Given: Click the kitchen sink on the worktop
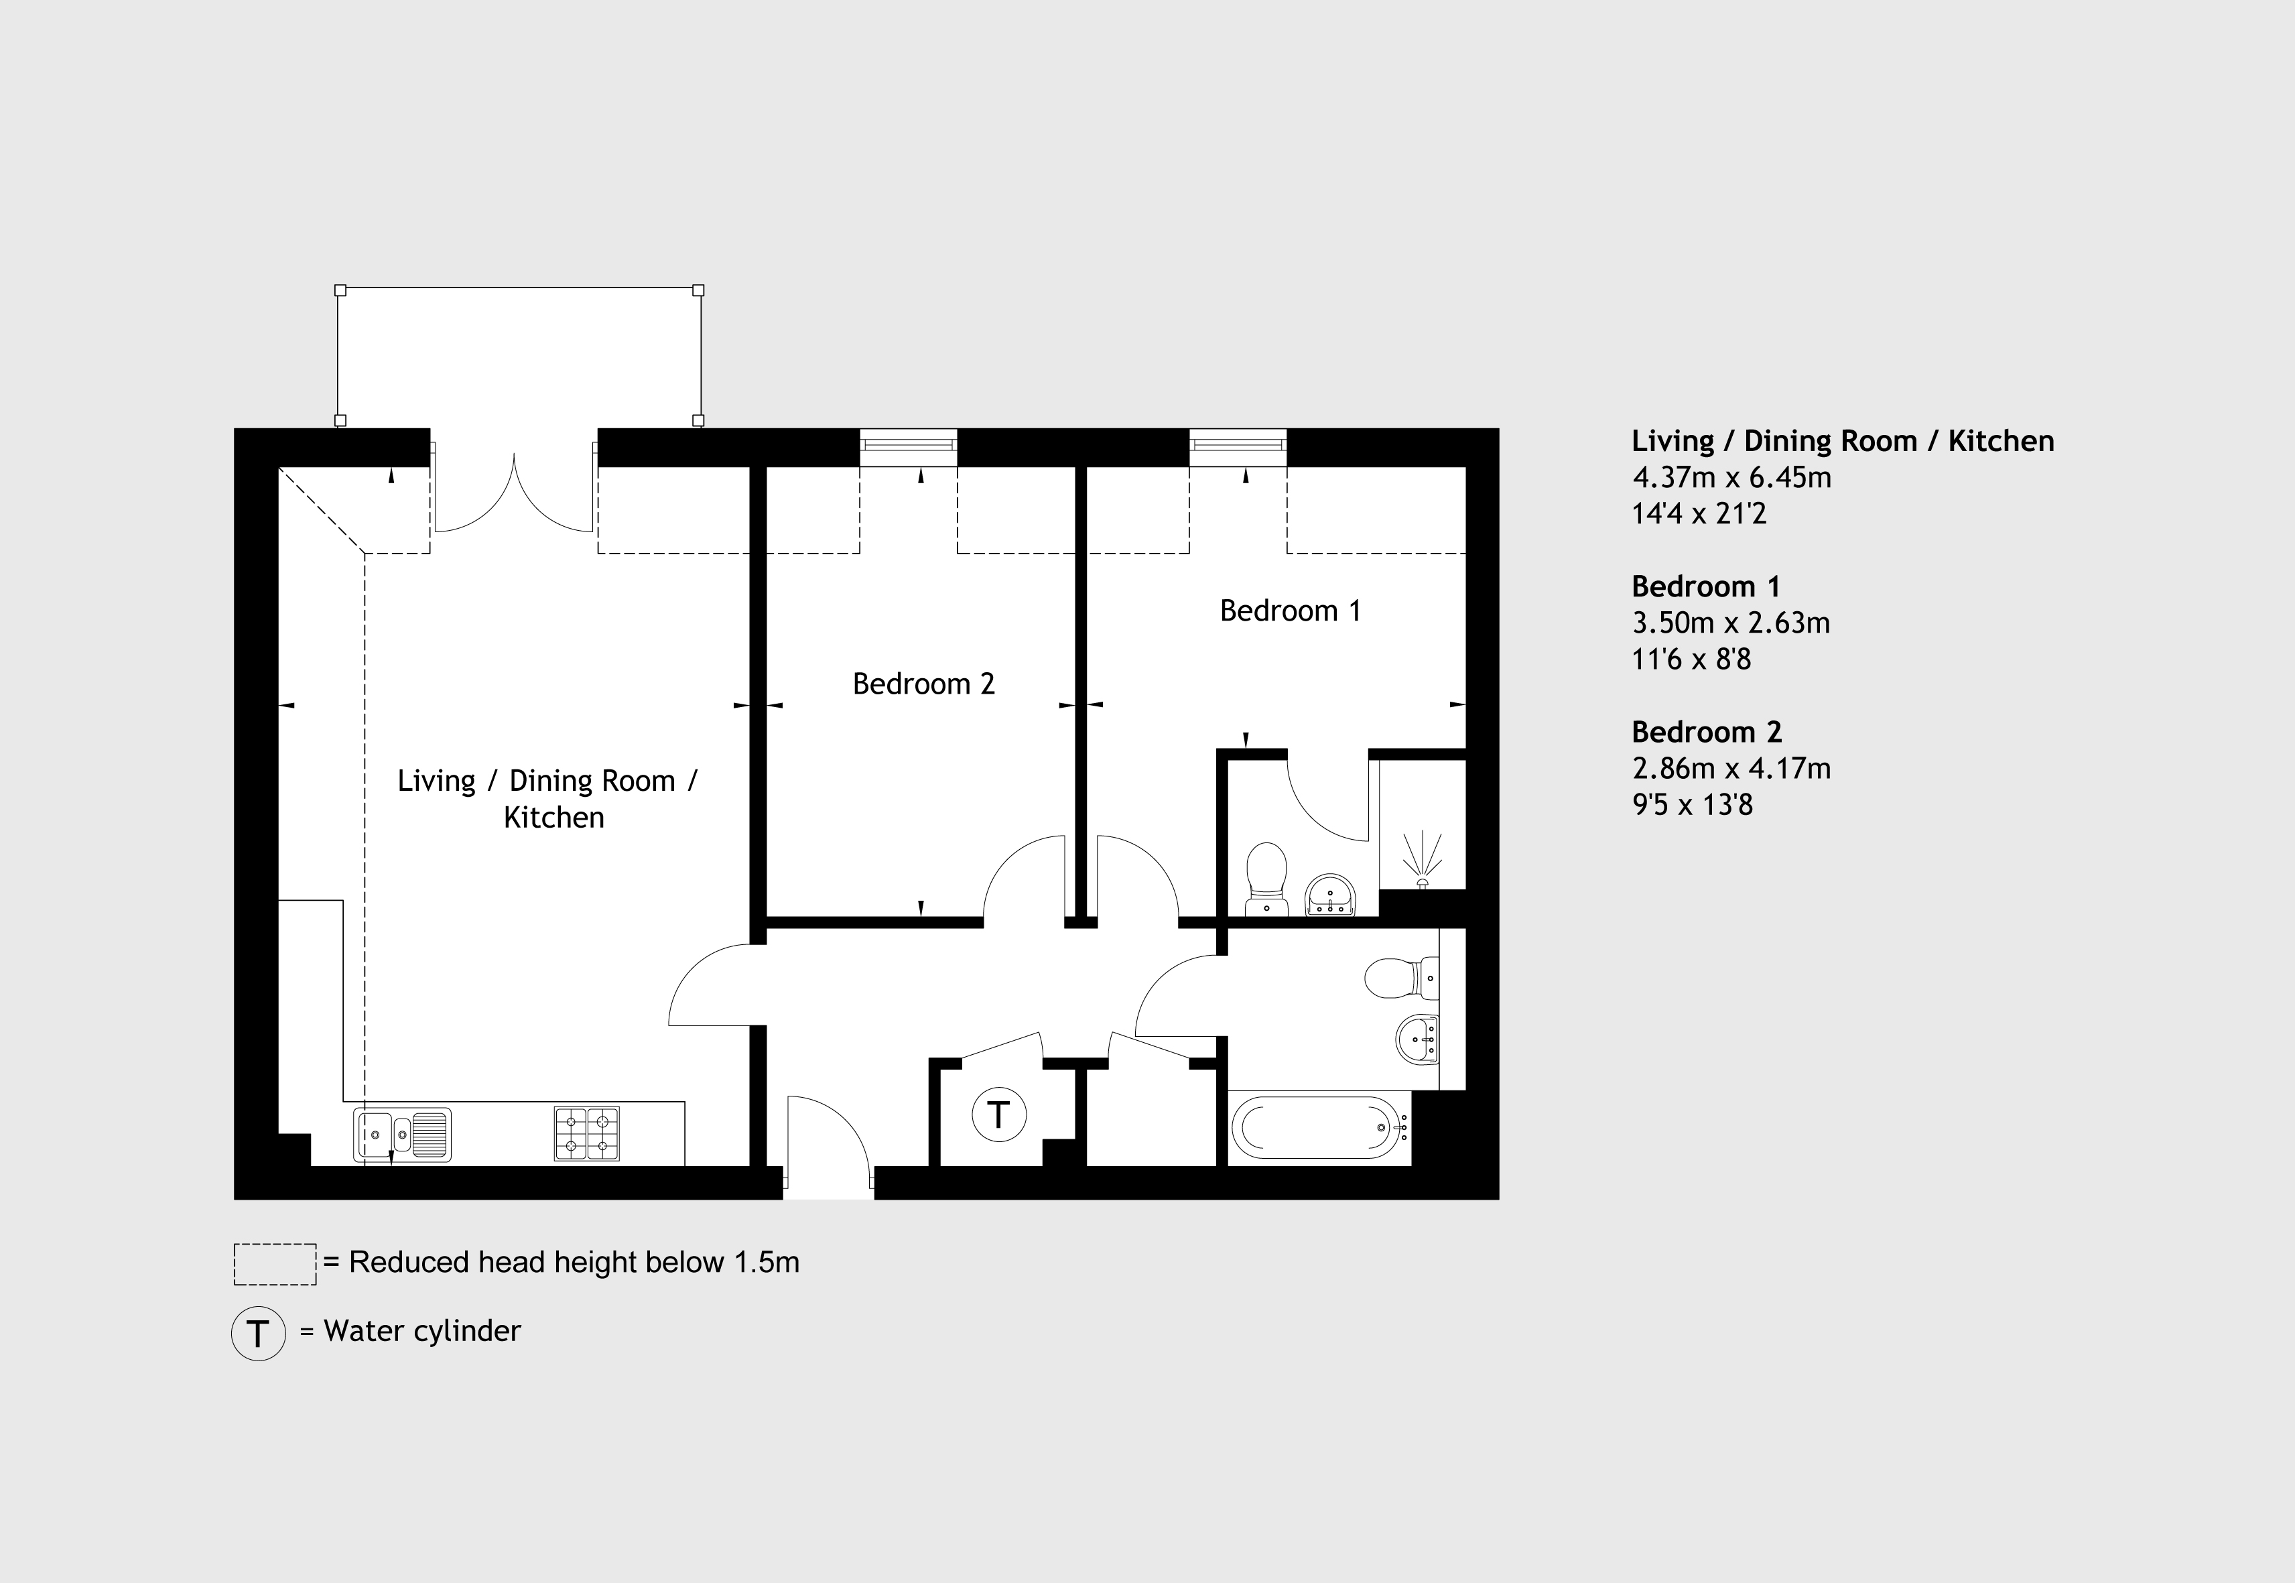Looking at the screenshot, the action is [x=401, y=1134].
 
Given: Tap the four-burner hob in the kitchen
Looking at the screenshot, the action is [x=586, y=1134].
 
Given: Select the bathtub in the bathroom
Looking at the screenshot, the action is [x=1320, y=1128].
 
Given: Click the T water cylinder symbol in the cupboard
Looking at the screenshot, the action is [x=998, y=1114].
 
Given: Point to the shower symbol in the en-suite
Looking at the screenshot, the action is [x=1422, y=859].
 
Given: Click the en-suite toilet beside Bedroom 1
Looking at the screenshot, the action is [x=1266, y=879].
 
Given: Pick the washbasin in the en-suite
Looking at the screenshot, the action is [x=1329, y=895].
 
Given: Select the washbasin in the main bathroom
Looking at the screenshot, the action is [x=1417, y=1039].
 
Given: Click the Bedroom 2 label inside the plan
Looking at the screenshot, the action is [x=923, y=684].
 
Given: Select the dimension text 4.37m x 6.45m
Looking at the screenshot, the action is [x=1731, y=477].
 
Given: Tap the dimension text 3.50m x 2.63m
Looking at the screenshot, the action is [x=1731, y=623].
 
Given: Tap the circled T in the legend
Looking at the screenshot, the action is [x=258, y=1333].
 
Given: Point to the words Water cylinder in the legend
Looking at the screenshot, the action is [x=423, y=1331].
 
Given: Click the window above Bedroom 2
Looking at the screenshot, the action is [x=909, y=446].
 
